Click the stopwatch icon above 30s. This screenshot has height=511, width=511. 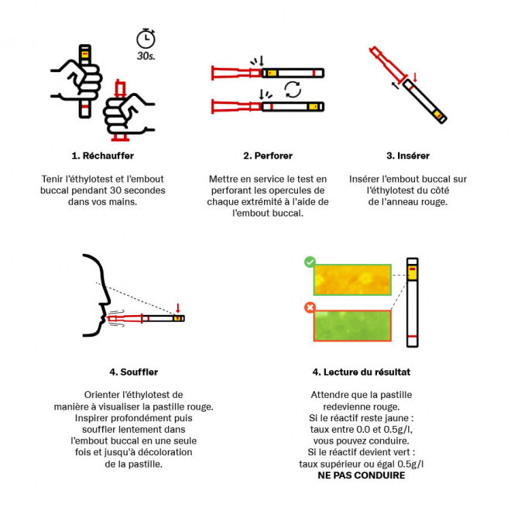(146, 39)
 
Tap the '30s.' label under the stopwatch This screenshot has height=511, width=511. (146, 56)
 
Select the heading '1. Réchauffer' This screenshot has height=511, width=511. (103, 156)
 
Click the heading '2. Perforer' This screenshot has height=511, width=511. (268, 156)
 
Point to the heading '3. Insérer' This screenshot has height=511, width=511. (408, 156)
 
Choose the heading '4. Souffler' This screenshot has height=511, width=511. (134, 372)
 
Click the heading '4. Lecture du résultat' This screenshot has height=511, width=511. (362, 372)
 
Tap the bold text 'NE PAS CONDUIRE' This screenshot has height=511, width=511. (362, 475)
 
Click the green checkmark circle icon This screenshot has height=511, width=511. (310, 262)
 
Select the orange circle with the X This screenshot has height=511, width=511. (310, 307)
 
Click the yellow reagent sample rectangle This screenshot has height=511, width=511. (352, 280)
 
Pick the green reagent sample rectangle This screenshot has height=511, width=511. (352, 325)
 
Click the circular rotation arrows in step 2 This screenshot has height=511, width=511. (293, 89)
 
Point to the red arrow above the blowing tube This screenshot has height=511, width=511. (177, 308)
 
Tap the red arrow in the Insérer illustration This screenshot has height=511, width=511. (415, 77)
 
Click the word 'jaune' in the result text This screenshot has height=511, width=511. (399, 418)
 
